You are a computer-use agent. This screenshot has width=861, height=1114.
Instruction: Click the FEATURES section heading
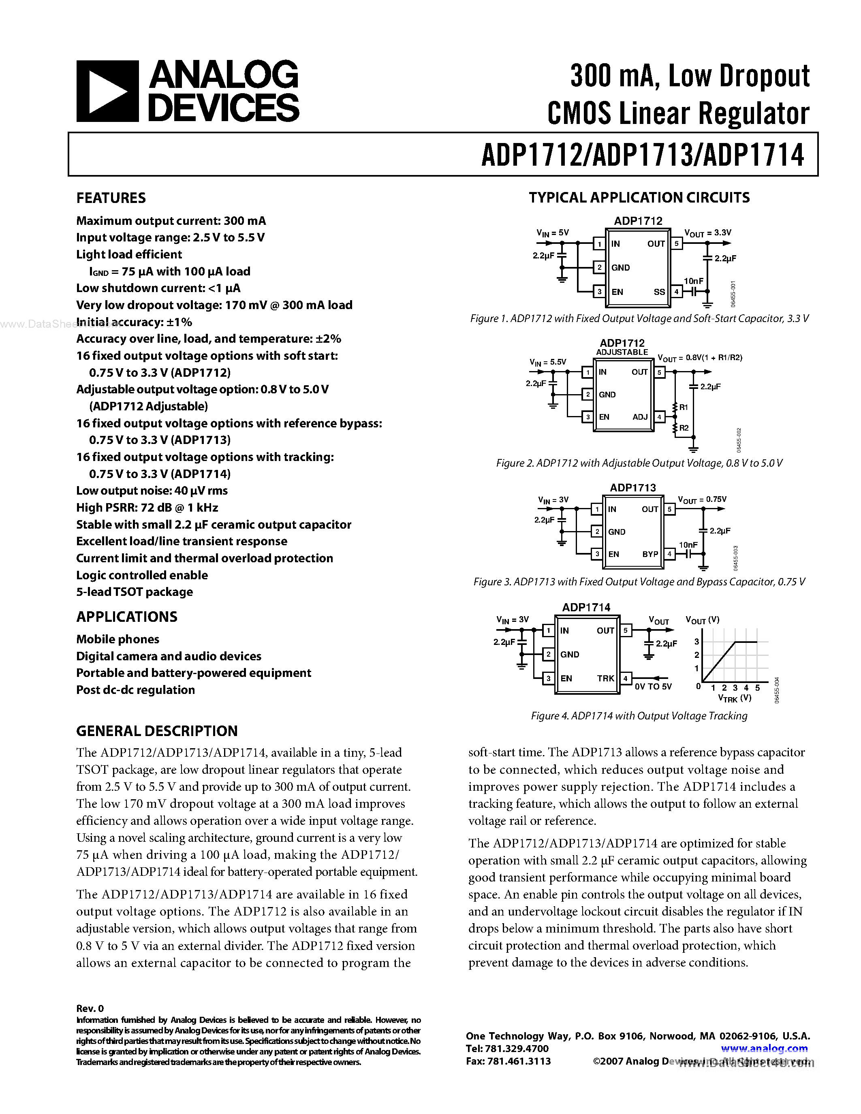click(111, 198)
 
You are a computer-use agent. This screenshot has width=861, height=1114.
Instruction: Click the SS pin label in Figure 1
click(659, 292)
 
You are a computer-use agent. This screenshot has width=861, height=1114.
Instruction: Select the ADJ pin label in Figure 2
click(640, 417)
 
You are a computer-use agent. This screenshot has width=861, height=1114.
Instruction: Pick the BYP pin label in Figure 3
click(650, 554)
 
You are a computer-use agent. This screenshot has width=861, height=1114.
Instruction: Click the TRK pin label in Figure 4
click(605, 679)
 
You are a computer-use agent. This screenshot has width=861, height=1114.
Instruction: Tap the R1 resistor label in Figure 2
click(684, 407)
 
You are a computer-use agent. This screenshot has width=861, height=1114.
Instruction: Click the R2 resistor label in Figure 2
click(684, 428)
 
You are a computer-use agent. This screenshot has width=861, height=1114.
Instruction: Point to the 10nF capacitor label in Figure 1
click(693, 281)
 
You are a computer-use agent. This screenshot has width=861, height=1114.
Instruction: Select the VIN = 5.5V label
click(548, 362)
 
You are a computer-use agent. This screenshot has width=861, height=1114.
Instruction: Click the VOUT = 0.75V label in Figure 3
click(702, 500)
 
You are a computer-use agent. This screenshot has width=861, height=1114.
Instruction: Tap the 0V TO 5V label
click(653, 687)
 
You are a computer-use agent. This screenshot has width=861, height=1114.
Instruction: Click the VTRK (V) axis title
click(735, 698)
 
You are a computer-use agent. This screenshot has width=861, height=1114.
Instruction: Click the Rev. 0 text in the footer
click(90, 1008)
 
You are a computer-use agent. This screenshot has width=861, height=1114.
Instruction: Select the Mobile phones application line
click(118, 639)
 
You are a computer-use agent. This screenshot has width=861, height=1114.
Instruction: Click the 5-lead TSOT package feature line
click(134, 592)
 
